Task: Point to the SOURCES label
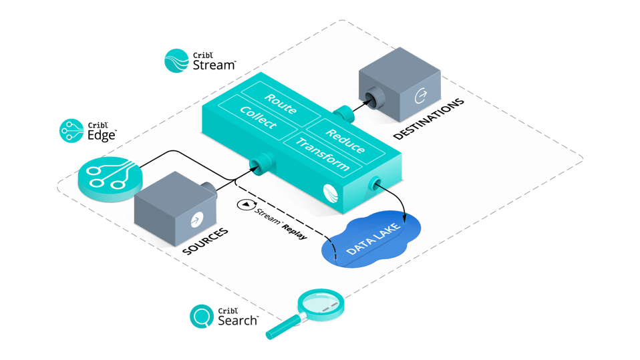point(205,242)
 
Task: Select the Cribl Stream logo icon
point(177,60)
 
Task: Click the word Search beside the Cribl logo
point(237,321)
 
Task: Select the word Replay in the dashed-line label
point(294,229)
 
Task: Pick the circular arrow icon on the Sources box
point(196,218)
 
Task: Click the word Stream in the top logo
point(214,65)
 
